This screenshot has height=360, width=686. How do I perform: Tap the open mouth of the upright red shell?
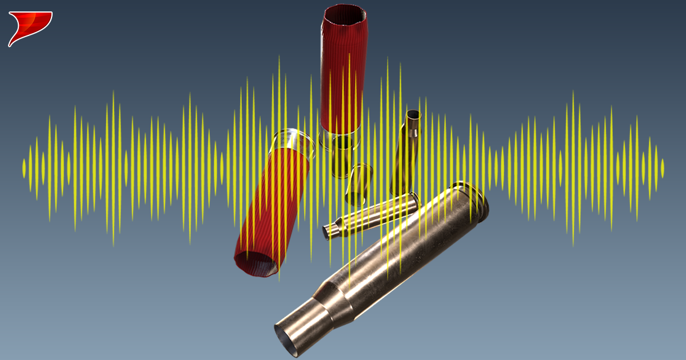click(345, 17)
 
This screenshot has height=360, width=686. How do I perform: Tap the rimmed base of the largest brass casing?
click(473, 198)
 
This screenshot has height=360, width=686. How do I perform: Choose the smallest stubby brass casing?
click(358, 184)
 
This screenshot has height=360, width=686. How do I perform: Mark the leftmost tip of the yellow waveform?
click(23, 167)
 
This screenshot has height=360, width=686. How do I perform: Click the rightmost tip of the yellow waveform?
click(663, 167)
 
